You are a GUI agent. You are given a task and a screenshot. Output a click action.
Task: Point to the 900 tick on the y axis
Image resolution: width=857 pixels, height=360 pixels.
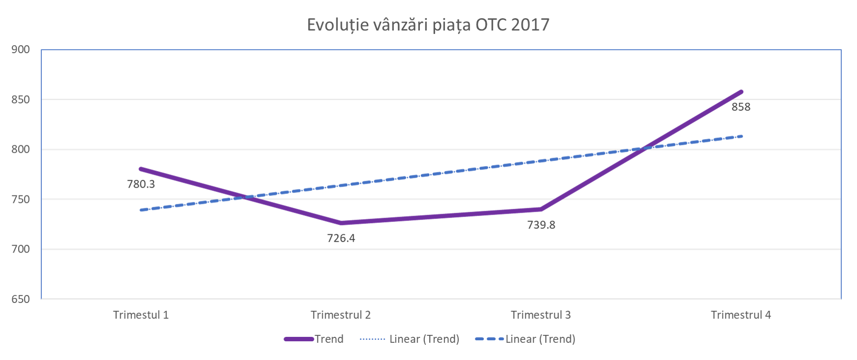[21, 49]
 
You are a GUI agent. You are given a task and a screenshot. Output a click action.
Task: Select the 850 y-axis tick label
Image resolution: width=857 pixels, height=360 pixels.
[21, 99]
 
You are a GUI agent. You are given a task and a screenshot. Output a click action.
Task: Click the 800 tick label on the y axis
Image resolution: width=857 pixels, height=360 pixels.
[21, 149]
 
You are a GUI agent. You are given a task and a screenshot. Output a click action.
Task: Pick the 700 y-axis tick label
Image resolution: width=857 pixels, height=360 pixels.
[21, 249]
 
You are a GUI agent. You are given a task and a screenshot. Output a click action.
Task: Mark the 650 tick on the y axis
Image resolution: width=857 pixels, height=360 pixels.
[21, 299]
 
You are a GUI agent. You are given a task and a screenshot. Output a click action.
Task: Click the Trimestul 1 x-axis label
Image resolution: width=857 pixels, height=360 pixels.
[141, 315]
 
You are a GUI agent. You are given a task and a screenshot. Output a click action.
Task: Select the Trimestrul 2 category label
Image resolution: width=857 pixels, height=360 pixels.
[341, 315]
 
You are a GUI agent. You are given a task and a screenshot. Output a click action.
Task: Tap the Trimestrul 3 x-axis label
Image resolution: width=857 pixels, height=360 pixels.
[540, 315]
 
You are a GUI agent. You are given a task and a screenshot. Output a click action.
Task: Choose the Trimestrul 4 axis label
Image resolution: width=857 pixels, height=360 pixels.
[741, 315]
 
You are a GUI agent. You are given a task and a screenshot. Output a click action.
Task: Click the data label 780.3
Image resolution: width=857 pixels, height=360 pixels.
[141, 184]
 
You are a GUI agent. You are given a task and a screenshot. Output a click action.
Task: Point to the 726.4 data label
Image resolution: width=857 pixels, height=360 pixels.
[341, 238]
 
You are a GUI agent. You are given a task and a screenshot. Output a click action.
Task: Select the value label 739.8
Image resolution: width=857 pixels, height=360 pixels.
[541, 225]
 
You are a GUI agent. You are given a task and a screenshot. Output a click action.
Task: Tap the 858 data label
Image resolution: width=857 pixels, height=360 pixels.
[741, 107]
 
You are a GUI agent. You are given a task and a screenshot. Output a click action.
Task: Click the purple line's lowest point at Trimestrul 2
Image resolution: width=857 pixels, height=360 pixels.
[341, 223]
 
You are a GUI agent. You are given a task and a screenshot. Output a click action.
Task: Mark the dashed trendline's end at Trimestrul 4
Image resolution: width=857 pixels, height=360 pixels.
[741, 136]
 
